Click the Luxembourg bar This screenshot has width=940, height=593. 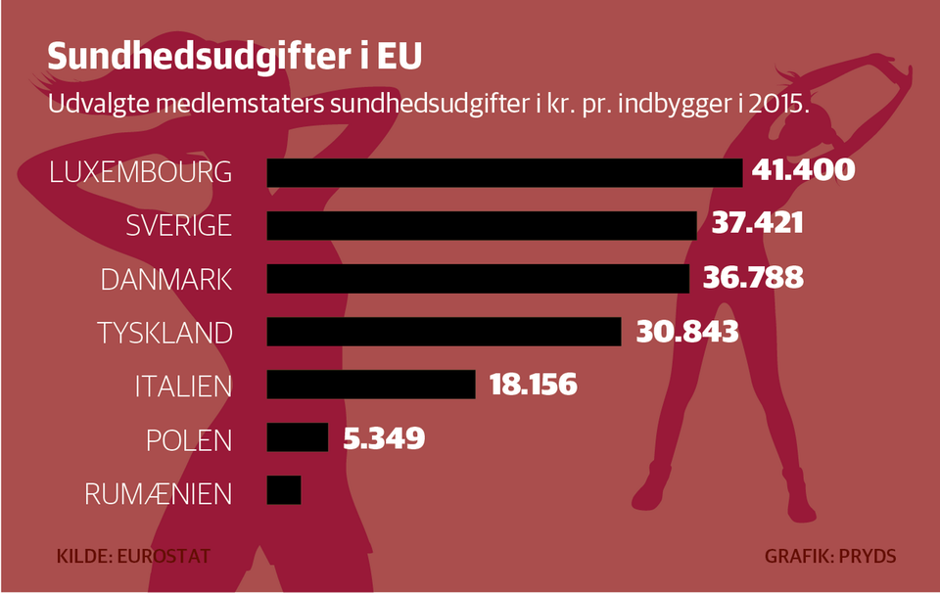[504, 172]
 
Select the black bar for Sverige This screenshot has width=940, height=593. [481, 225]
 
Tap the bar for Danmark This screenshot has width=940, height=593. [478, 278]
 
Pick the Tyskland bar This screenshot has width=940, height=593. [444, 331]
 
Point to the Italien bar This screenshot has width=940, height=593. [371, 384]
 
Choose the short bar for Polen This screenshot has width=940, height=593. [298, 436]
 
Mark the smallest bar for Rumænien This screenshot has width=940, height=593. [284, 489]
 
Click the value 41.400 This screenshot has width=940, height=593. [804, 171]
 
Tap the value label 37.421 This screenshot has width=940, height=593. [757, 224]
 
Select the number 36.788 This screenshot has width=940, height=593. [753, 278]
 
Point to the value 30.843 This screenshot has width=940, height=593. [686, 332]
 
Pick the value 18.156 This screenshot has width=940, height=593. [533, 385]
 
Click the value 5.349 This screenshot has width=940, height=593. [384, 437]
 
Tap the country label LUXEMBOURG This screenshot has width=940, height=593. [141, 172]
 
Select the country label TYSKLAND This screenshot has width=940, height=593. [164, 332]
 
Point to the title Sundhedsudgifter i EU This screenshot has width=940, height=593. [234, 57]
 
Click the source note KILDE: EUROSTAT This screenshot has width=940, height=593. [134, 557]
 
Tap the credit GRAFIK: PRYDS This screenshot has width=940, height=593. [830, 557]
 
